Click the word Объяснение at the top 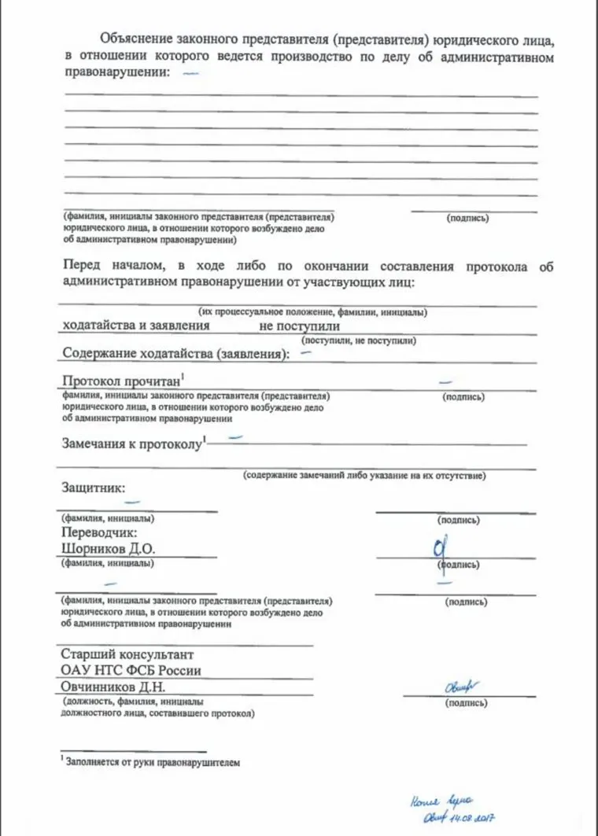[x=135, y=40]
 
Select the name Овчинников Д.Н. [x=113, y=687]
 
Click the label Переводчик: [x=99, y=532]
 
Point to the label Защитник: [x=93, y=487]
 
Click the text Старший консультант [x=127, y=654]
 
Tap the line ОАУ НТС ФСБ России [x=131, y=671]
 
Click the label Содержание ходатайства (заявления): [x=175, y=354]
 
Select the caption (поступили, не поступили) [x=359, y=341]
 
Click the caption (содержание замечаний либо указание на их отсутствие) [x=364, y=476]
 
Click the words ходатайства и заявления [x=135, y=324]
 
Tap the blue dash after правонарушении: [x=190, y=73]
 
